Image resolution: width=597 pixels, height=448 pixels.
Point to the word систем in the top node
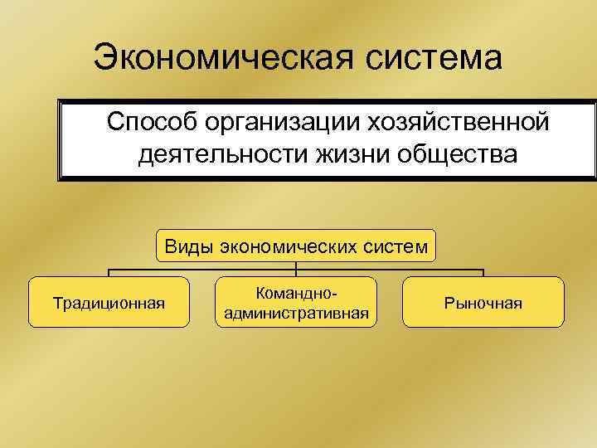tap(400, 246)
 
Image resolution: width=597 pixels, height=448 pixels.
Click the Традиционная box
tap(109, 302)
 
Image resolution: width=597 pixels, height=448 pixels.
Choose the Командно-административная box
tap(297, 302)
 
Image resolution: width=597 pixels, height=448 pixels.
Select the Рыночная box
tap(483, 302)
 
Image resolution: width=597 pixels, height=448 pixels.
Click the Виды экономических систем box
tap(296, 246)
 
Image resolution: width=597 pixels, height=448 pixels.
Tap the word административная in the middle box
tap(297, 313)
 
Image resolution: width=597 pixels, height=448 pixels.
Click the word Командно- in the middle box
tap(297, 294)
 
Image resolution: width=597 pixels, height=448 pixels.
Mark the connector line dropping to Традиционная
tap(109, 273)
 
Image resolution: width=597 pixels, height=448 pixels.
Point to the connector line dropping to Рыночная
tap(483, 273)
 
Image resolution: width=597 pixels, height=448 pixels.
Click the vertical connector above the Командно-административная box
tap(297, 270)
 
